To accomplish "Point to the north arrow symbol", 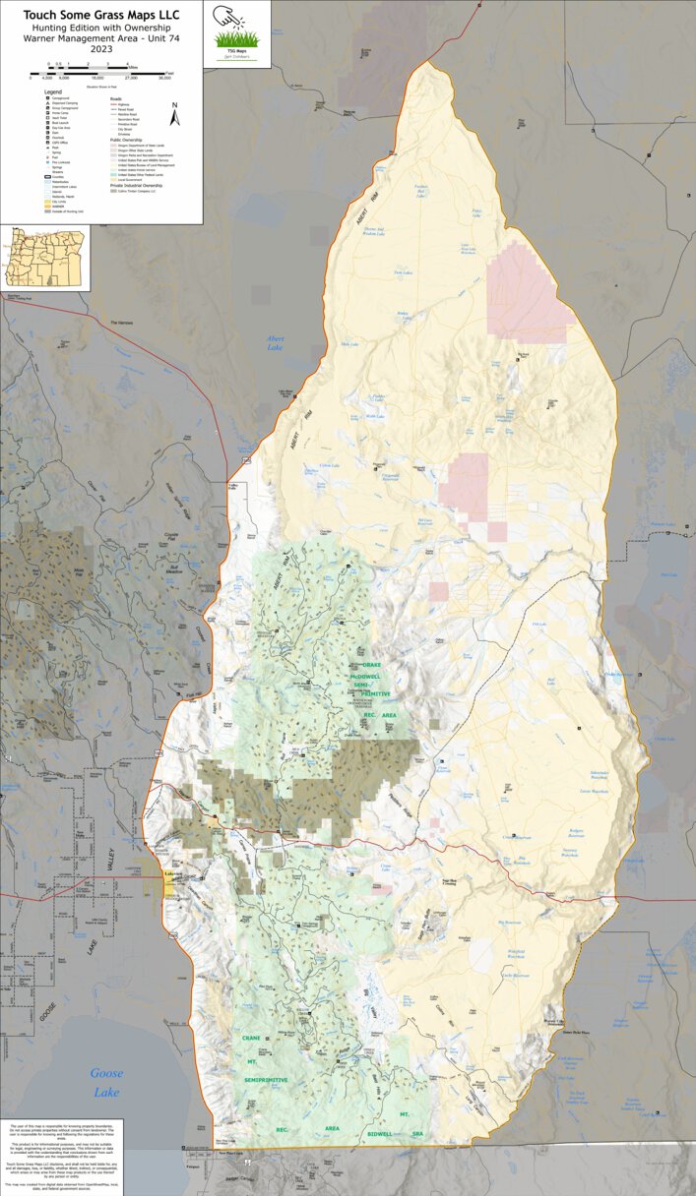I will (174, 115).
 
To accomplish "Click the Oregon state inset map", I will (44, 258).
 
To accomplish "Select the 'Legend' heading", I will (53, 91).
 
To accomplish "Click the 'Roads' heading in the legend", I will (115, 98).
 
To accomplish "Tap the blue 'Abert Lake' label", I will (276, 343).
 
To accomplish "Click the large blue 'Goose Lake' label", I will (106, 1083).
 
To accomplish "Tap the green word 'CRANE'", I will (250, 1038).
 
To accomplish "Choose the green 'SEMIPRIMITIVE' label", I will (266, 1080).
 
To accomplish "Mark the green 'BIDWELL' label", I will (379, 1134).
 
